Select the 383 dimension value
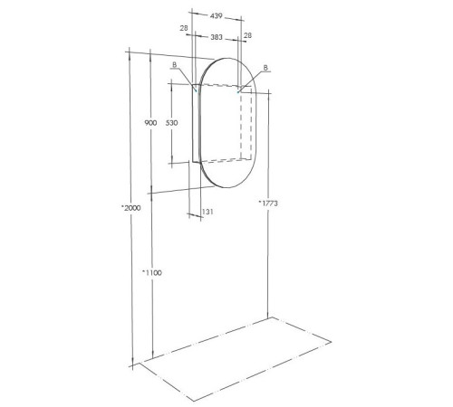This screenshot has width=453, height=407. pos(217,38)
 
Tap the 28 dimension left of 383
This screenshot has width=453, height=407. pos(185,30)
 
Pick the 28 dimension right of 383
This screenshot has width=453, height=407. pos(248,34)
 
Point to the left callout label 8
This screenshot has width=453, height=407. pos(174,64)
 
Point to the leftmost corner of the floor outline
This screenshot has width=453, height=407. pos(136,364)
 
